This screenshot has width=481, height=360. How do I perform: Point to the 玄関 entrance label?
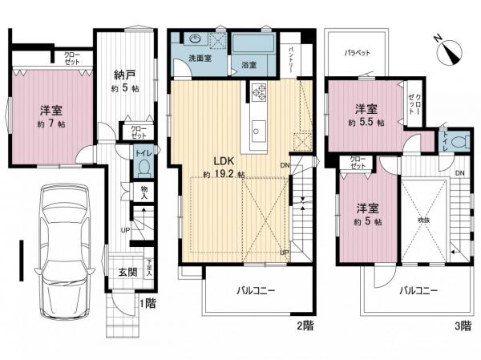click(127, 272)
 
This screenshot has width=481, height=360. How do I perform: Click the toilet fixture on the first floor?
click(144, 167)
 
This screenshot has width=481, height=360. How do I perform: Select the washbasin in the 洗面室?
click(196, 39)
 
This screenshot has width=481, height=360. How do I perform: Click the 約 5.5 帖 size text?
click(366, 123)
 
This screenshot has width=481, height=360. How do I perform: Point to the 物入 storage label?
click(144, 192)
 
